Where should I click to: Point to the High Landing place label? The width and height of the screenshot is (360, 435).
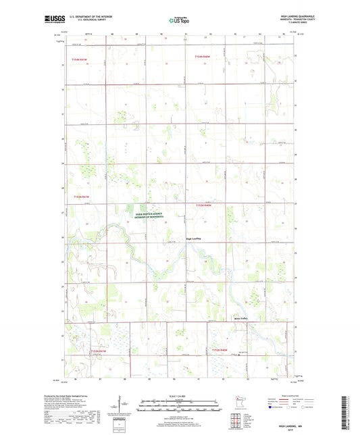194,238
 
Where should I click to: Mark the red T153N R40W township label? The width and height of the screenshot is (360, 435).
204,204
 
